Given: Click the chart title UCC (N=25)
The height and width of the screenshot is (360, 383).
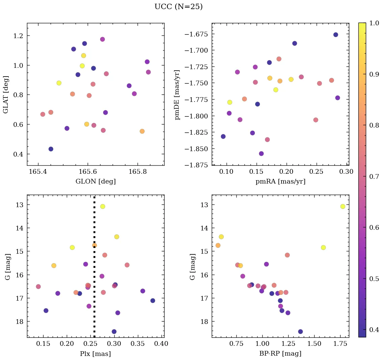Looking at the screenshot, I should point(178,7).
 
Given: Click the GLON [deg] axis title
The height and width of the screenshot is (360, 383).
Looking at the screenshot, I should point(95,182).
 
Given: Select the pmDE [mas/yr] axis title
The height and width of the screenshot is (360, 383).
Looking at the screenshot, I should point(177,94).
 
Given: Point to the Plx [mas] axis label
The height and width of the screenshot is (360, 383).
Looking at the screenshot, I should point(95,354).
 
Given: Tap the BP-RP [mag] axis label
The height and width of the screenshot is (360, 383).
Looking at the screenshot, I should point(280,354).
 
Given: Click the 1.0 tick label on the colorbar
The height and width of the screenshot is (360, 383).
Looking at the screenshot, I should point(374,23).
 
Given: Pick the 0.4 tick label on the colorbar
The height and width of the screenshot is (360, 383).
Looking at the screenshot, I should point(374,330).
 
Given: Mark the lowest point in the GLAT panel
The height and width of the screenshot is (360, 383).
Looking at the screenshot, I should point(51,149).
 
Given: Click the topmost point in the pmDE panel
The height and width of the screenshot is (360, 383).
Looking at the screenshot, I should point(335,35).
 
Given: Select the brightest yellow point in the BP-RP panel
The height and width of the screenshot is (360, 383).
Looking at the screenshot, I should point(343,206).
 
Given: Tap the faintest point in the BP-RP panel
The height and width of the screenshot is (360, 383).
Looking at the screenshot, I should point(300,332).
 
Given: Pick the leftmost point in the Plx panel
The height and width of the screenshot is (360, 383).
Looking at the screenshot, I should point(38,287).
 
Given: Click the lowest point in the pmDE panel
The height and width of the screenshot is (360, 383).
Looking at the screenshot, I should point(261,154).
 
